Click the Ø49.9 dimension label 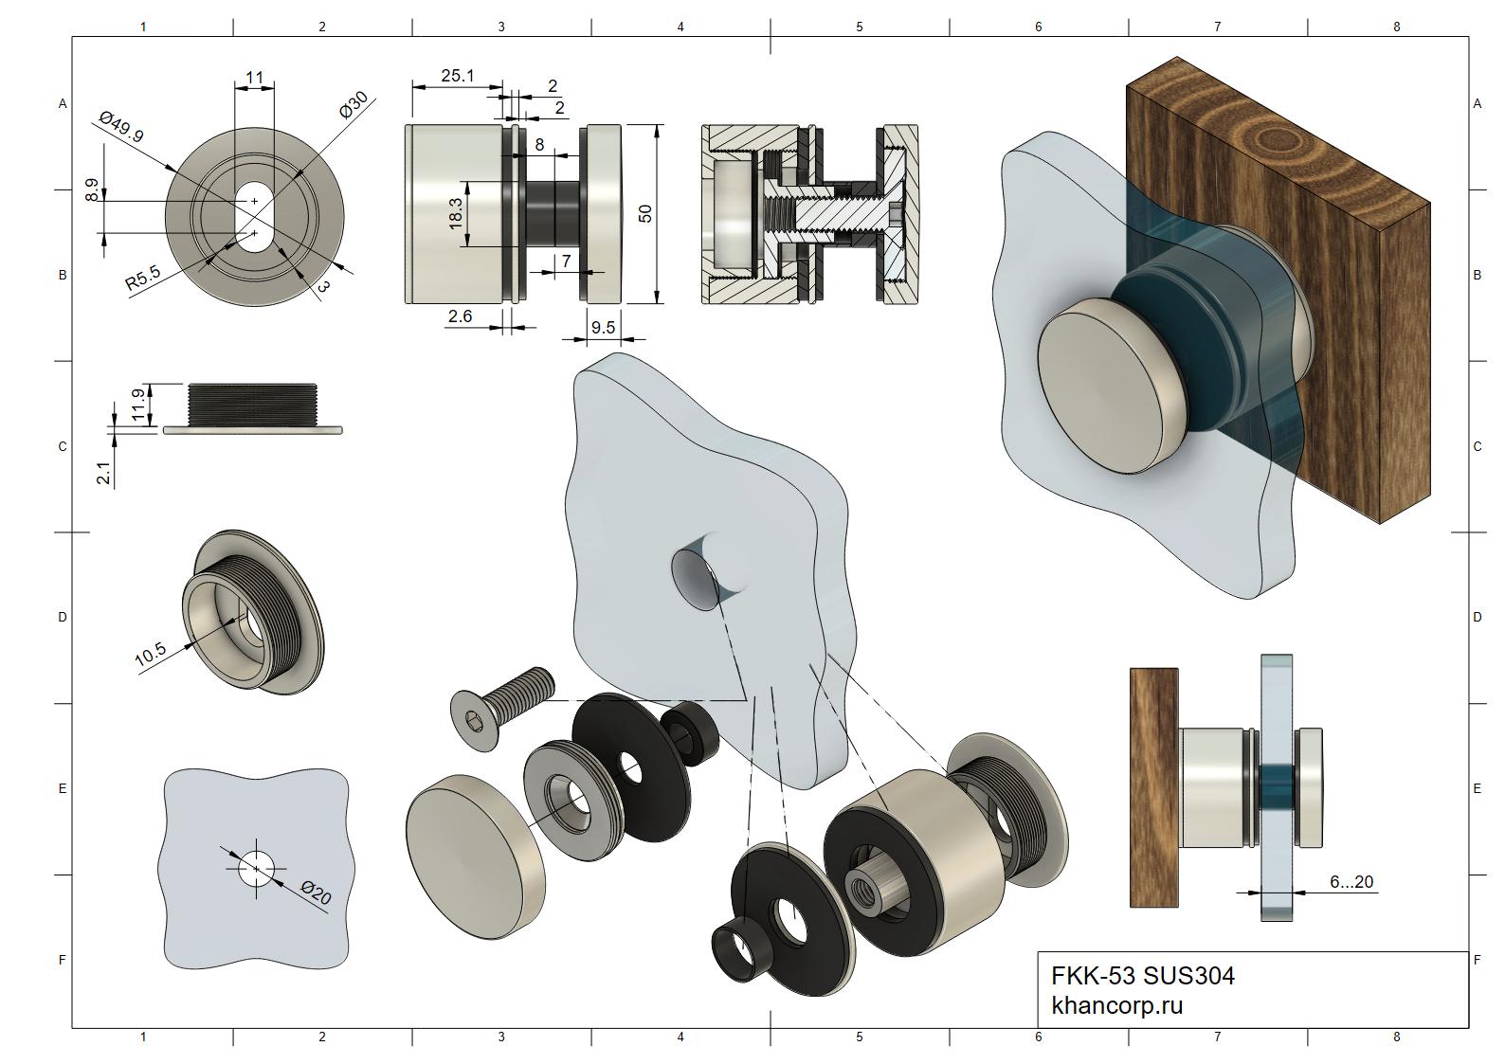click(x=121, y=127)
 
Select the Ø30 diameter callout click(x=354, y=105)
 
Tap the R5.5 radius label click(x=143, y=278)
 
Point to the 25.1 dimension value click(x=458, y=76)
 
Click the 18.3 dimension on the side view click(x=455, y=213)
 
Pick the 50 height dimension click(x=645, y=213)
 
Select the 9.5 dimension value click(x=603, y=327)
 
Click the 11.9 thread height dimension click(x=137, y=405)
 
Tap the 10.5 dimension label click(x=151, y=655)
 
